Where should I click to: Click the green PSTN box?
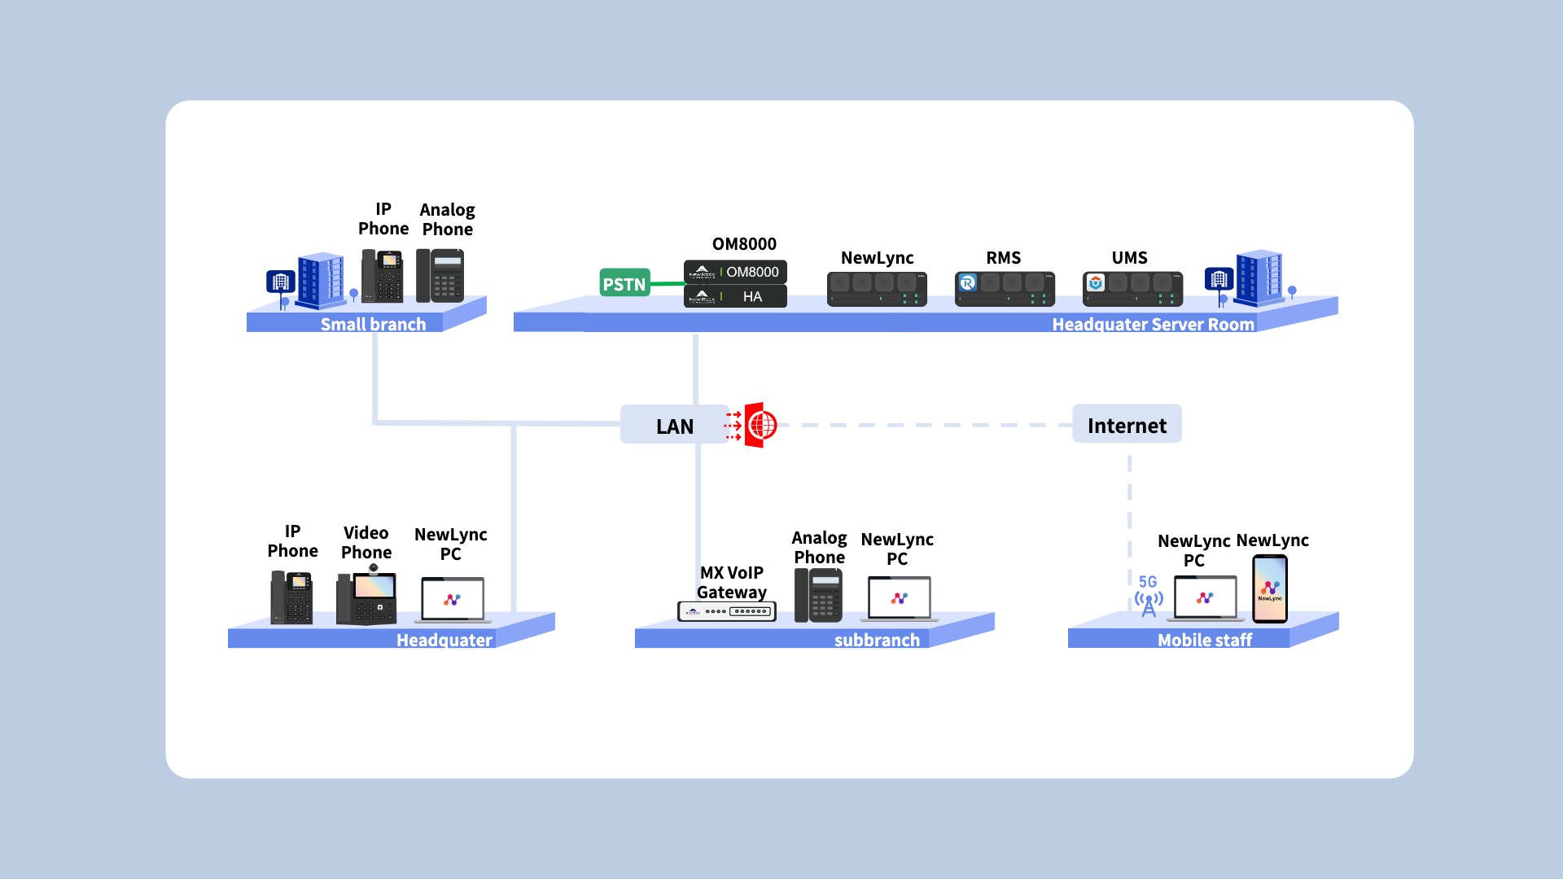(x=624, y=283)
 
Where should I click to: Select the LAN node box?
(x=674, y=425)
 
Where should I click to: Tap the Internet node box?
(x=1127, y=425)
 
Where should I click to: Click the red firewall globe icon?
(x=761, y=425)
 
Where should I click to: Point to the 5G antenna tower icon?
(x=1149, y=601)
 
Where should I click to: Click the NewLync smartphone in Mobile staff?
(x=1270, y=589)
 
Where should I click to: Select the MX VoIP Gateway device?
(x=727, y=610)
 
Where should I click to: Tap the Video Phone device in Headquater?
(x=366, y=598)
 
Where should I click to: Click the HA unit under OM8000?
(x=735, y=296)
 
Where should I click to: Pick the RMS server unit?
(x=1005, y=289)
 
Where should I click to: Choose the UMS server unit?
(x=1132, y=289)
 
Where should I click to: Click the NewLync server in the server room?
(x=877, y=289)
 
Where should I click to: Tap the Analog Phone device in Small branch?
(x=440, y=276)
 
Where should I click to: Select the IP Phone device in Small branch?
(x=383, y=276)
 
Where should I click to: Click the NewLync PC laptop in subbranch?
(x=900, y=599)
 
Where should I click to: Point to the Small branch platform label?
(x=373, y=324)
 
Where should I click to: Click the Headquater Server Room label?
(x=1153, y=324)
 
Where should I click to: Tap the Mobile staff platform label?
(x=1205, y=640)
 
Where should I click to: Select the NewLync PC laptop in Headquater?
(x=453, y=600)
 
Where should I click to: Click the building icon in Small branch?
(x=320, y=281)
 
